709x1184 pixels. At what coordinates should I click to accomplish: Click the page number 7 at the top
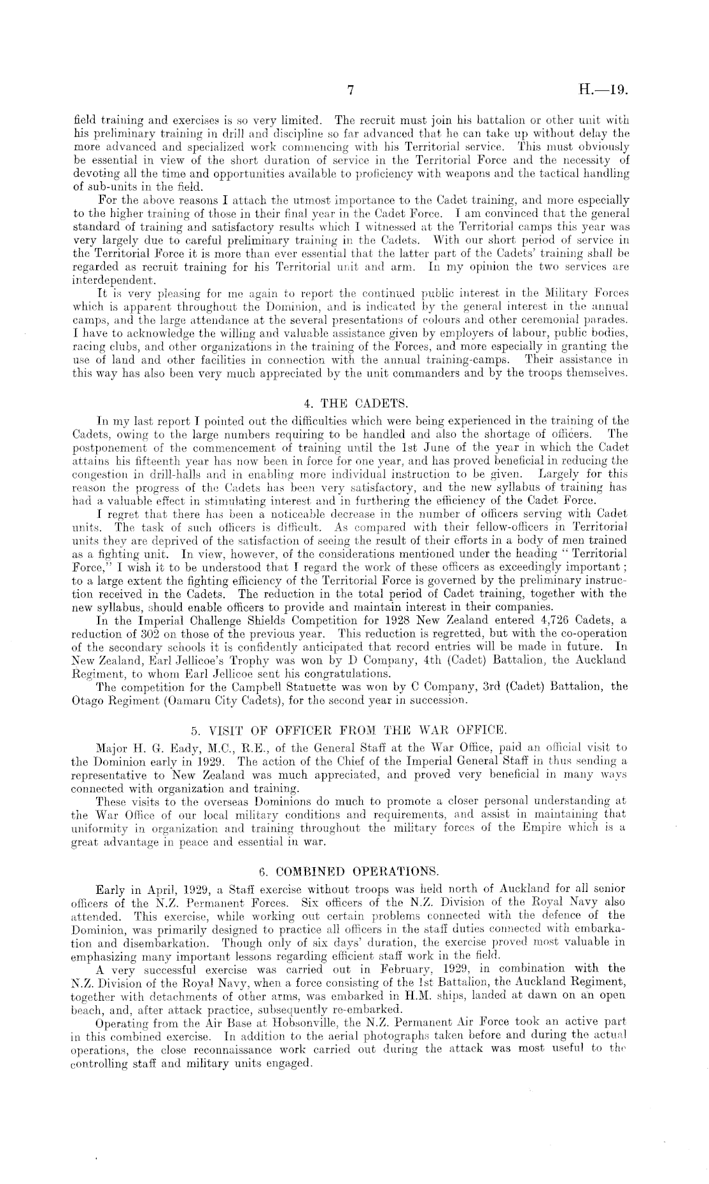coord(350,91)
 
